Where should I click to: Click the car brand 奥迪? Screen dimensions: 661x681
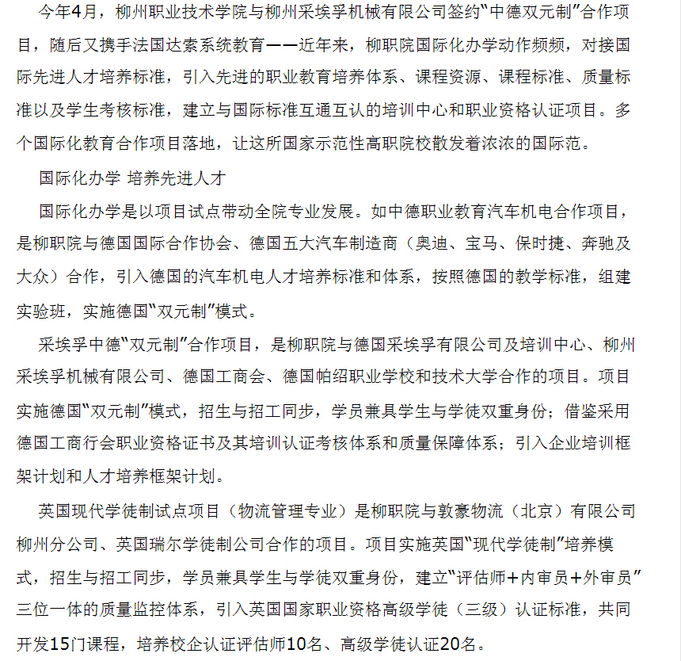tap(435, 242)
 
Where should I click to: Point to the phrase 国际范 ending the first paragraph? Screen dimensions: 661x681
tap(564, 143)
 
